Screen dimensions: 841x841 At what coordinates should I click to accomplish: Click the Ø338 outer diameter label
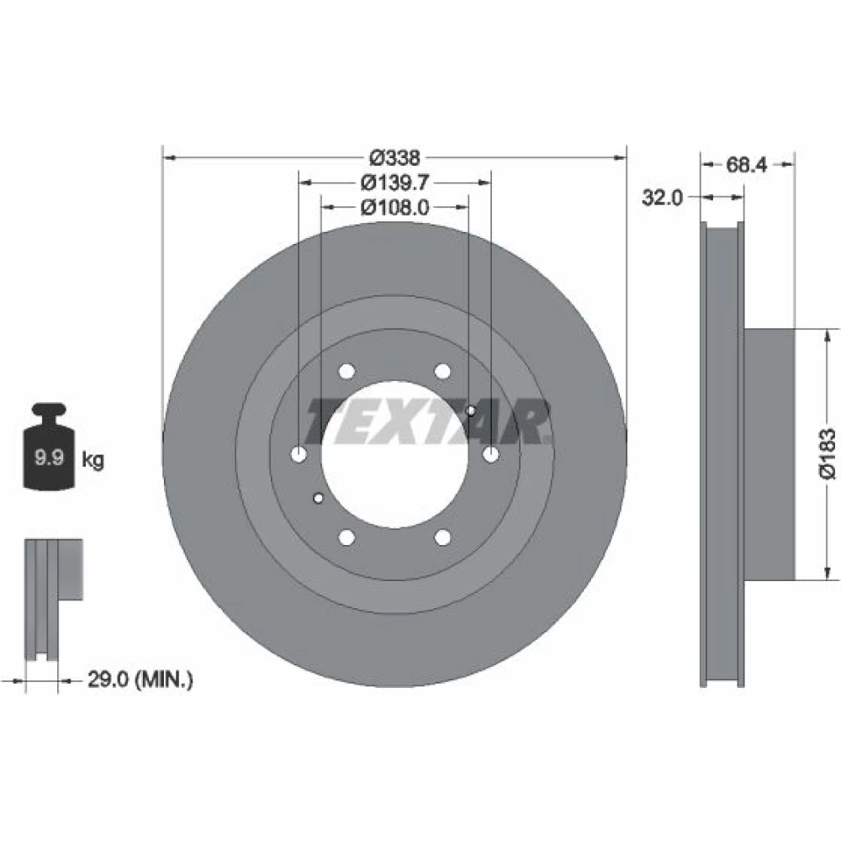pyautogui.click(x=395, y=158)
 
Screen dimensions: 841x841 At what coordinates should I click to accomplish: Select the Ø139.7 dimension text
pyautogui.click(x=394, y=182)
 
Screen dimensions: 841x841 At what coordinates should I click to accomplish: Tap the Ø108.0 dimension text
pyautogui.click(x=394, y=208)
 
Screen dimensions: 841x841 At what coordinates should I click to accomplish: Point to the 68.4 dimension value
pyautogui.click(x=747, y=165)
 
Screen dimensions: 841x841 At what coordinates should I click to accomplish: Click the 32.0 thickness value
pyautogui.click(x=663, y=198)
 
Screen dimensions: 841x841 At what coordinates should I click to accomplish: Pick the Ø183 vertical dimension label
pyautogui.click(x=827, y=453)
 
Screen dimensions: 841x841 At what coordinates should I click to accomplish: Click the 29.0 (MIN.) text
pyautogui.click(x=140, y=680)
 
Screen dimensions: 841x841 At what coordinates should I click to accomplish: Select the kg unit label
pyautogui.click(x=93, y=460)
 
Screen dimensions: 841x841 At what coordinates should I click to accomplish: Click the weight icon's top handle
pyautogui.click(x=49, y=411)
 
